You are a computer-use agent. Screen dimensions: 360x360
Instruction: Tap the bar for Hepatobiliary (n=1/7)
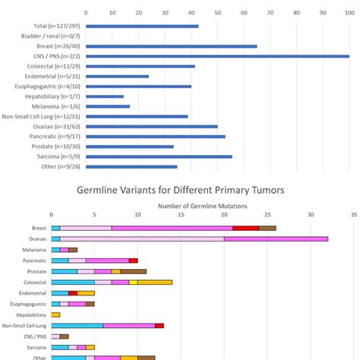coord(105,96)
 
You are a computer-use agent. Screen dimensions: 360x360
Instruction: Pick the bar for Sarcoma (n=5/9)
coord(159,156)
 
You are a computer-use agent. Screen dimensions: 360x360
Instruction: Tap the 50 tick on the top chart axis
coord(218,13)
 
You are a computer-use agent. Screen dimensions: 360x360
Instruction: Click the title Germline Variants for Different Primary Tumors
coord(180,190)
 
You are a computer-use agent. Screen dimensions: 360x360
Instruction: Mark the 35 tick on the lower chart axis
coord(354,215)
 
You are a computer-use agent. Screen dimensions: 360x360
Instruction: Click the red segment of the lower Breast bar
coord(245,228)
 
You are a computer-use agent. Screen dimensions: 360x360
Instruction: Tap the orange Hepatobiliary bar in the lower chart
coord(55,314)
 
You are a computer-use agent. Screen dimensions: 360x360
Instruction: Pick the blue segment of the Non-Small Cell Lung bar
coord(77,325)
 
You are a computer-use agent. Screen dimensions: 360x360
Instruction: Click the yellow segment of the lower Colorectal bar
coord(133,282)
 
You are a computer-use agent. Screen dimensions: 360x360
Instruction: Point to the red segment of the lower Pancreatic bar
coord(133,261)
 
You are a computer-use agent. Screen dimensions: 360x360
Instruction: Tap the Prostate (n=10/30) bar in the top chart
coord(130,147)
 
